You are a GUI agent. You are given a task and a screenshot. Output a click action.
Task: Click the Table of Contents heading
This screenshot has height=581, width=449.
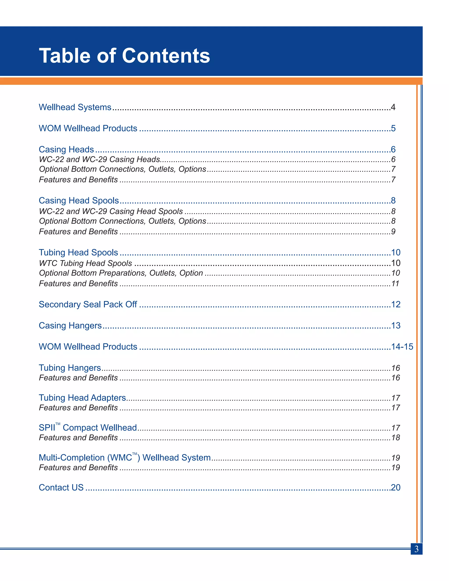[x=124, y=56]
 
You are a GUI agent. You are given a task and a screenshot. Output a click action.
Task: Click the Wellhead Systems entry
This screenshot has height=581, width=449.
[x=75, y=107]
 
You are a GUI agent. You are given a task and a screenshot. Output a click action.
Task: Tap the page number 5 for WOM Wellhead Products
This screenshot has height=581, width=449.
[x=393, y=128]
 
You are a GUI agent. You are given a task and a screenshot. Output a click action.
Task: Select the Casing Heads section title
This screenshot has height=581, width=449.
[x=66, y=150]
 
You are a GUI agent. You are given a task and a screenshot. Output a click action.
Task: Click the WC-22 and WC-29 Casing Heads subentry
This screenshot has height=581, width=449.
[x=100, y=159]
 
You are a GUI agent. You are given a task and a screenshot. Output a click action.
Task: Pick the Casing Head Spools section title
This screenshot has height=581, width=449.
[x=79, y=200]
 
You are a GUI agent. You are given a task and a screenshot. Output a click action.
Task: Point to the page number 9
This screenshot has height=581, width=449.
[x=393, y=232]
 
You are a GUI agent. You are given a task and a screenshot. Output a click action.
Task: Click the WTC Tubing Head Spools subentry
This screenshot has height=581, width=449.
[x=85, y=263]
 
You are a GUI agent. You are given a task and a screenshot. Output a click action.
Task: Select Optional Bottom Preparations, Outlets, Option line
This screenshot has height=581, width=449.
[x=121, y=273]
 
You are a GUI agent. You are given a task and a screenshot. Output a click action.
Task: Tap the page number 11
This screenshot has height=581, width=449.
[x=395, y=283]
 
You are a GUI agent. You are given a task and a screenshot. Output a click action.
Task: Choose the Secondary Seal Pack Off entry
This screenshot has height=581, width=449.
[x=88, y=304]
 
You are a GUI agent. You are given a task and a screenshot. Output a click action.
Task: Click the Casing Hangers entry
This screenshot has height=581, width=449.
[x=70, y=325]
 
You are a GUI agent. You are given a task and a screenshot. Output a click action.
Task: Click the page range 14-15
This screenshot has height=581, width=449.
[x=402, y=347]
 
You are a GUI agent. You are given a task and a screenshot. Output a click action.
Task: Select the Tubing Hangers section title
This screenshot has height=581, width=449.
[x=70, y=368]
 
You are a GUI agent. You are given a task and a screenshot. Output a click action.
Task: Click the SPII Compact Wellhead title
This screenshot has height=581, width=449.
[x=88, y=428]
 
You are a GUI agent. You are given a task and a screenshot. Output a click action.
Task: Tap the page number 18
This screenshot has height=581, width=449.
[x=396, y=438]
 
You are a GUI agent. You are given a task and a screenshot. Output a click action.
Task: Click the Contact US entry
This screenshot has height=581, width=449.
[x=61, y=487]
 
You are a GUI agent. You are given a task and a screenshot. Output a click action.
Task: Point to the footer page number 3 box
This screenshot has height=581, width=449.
[x=416, y=549]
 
